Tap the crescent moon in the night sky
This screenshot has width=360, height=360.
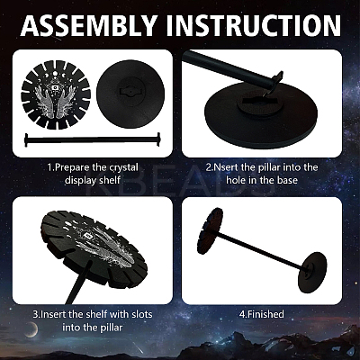(32, 330)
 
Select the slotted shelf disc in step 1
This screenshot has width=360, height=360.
(56, 94)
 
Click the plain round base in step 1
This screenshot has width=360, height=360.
(130, 94)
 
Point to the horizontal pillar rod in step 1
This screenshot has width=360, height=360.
(93, 139)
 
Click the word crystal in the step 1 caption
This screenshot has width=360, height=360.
(118, 167)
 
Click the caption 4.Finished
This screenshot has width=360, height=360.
(262, 314)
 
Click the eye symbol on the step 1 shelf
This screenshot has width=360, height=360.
(56, 87)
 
